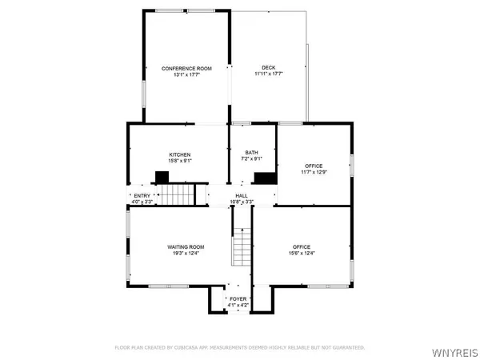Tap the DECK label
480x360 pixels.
268,68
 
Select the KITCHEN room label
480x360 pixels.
179,154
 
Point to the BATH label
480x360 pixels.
251,154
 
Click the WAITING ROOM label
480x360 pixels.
186,247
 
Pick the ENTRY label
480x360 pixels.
142,196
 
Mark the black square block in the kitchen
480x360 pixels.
162,178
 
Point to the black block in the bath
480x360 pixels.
265,178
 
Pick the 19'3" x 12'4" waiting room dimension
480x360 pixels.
186,254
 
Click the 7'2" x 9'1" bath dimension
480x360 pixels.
251,160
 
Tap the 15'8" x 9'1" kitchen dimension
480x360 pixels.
179,160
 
